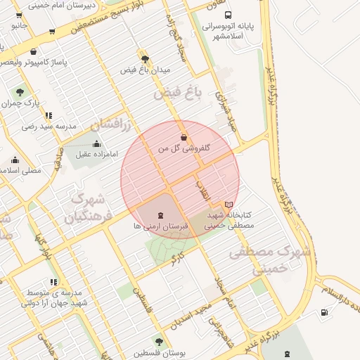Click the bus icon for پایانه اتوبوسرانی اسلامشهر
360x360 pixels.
point(227,15)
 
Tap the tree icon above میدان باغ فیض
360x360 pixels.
point(145,59)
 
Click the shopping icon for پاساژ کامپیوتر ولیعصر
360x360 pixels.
point(34,51)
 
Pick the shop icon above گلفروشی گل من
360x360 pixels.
point(184,137)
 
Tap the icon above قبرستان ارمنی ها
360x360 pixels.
point(160,214)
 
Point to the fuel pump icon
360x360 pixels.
point(323,312)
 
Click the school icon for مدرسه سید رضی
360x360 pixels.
point(48,115)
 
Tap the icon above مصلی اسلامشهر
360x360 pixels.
point(15,160)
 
